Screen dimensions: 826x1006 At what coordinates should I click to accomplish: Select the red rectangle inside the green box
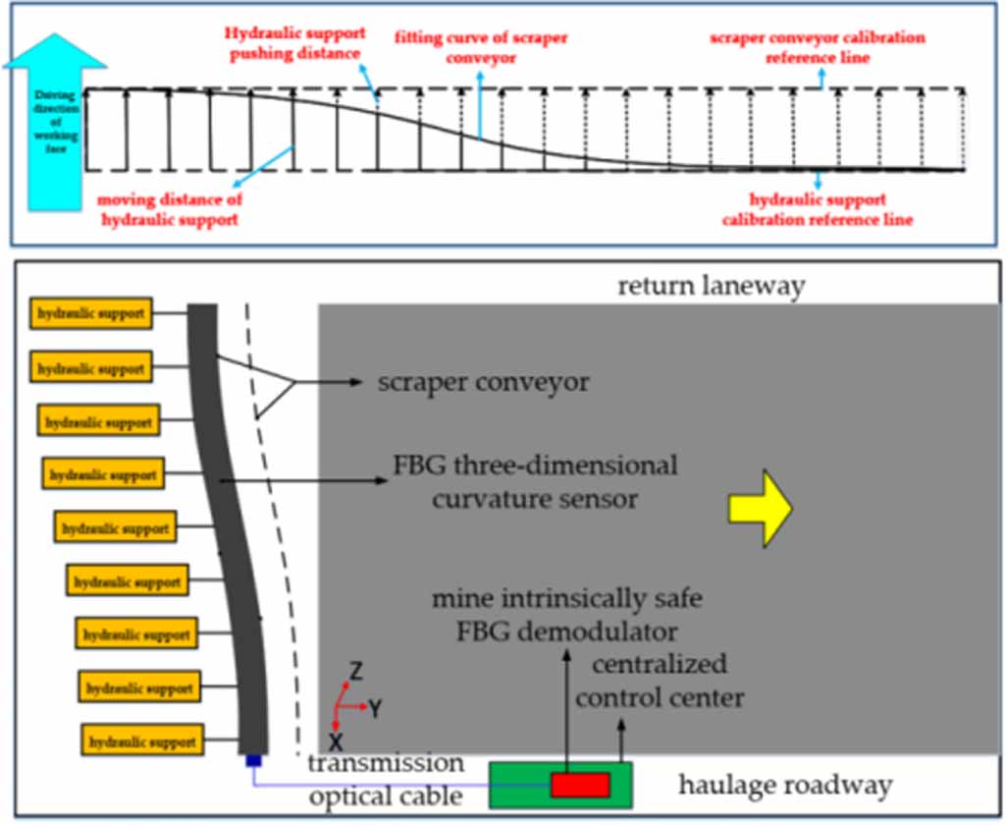580,785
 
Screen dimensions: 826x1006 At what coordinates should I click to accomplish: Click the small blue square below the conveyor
252,760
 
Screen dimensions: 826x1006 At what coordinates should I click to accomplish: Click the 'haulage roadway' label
785,785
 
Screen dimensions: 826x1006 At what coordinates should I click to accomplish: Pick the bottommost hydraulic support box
144,741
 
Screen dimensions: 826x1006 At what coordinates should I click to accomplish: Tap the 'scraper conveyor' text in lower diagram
484,382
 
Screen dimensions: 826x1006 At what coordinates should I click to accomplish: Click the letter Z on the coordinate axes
356,672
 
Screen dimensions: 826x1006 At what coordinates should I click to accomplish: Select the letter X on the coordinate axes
336,740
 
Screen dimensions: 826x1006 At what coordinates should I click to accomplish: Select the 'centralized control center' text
660,682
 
